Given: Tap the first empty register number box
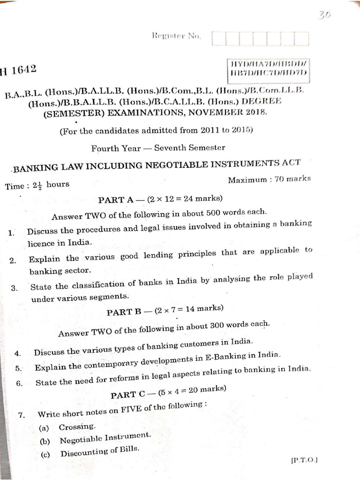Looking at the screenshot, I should (219, 39).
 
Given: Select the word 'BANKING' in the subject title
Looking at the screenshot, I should (41, 167).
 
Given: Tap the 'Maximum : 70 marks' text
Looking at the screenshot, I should (269, 179).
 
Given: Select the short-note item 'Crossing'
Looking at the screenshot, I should (77, 427).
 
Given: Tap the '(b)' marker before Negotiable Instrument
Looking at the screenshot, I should (45, 441).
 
